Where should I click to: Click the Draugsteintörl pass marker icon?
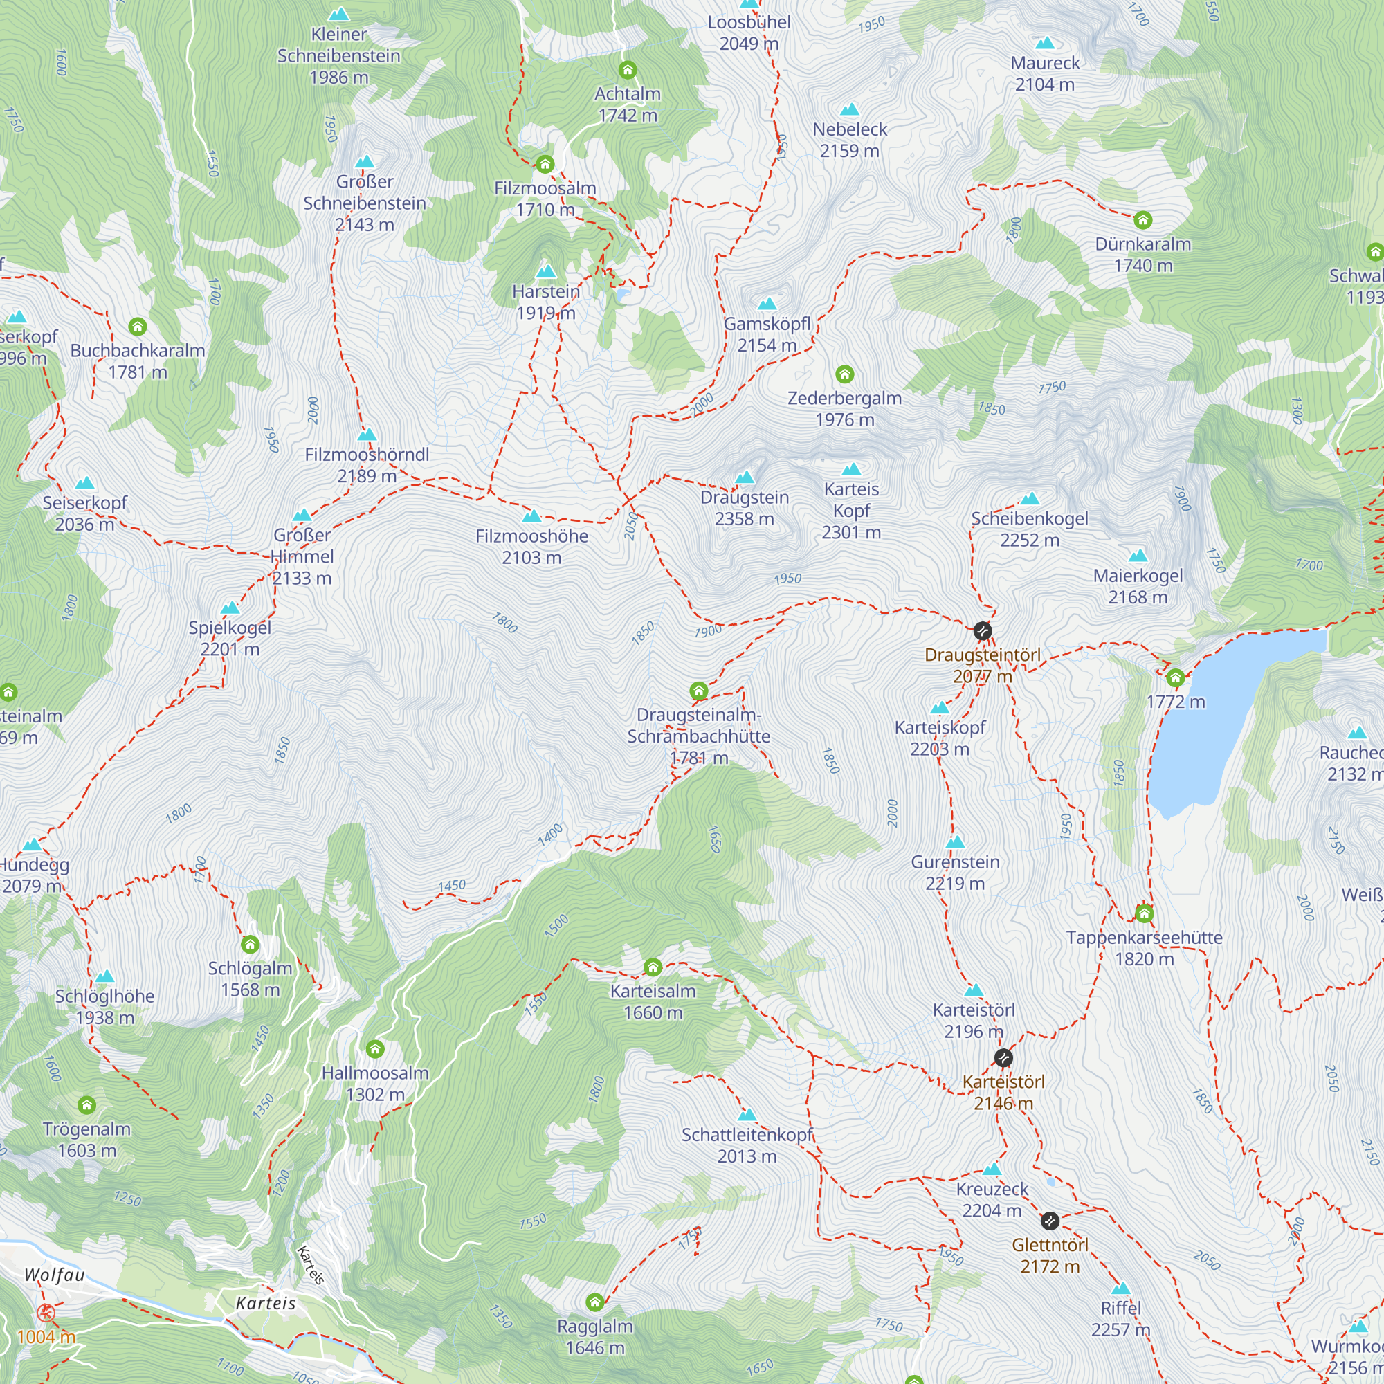(982, 631)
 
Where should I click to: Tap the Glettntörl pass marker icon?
(1050, 1221)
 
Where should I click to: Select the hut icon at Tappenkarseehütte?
(1144, 913)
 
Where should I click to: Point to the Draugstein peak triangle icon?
(745, 477)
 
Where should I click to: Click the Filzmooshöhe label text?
(531, 536)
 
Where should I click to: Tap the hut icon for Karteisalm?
(653, 968)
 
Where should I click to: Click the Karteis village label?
(266, 1303)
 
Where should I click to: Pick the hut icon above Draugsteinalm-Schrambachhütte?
(698, 691)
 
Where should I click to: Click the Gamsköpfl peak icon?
(767, 304)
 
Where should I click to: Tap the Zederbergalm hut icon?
(844, 374)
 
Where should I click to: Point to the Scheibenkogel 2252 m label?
(1030, 529)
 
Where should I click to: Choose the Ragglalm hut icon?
(594, 1302)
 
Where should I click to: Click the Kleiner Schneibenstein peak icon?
(338, 15)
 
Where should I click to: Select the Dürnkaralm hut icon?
(1142, 220)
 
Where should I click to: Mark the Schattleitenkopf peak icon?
(747, 1115)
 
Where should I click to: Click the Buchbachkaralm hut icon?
(138, 327)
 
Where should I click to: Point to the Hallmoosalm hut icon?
(374, 1050)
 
